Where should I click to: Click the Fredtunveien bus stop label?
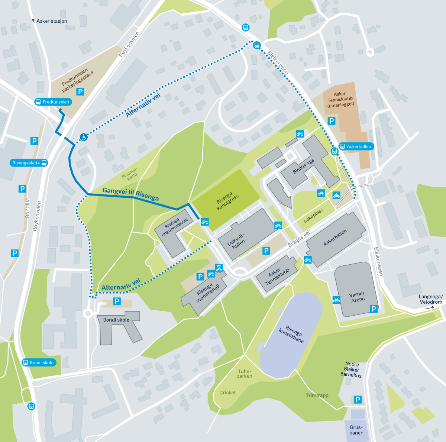tap(52, 102)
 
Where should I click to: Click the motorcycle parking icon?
tap(336, 195)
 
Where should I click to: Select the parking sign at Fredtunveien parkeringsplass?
tap(80, 91)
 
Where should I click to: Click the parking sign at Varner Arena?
tap(374, 309)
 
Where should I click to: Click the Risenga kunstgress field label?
tap(227, 201)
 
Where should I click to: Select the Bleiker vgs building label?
tap(303, 166)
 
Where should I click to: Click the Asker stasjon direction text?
tap(51, 21)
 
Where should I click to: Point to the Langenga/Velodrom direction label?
tap(431, 299)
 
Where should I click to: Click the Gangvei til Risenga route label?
tap(130, 193)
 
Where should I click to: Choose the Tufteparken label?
tap(245, 374)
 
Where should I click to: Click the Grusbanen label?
tap(356, 430)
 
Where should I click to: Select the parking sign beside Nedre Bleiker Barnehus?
tap(358, 400)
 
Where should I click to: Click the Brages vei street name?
tap(298, 239)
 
